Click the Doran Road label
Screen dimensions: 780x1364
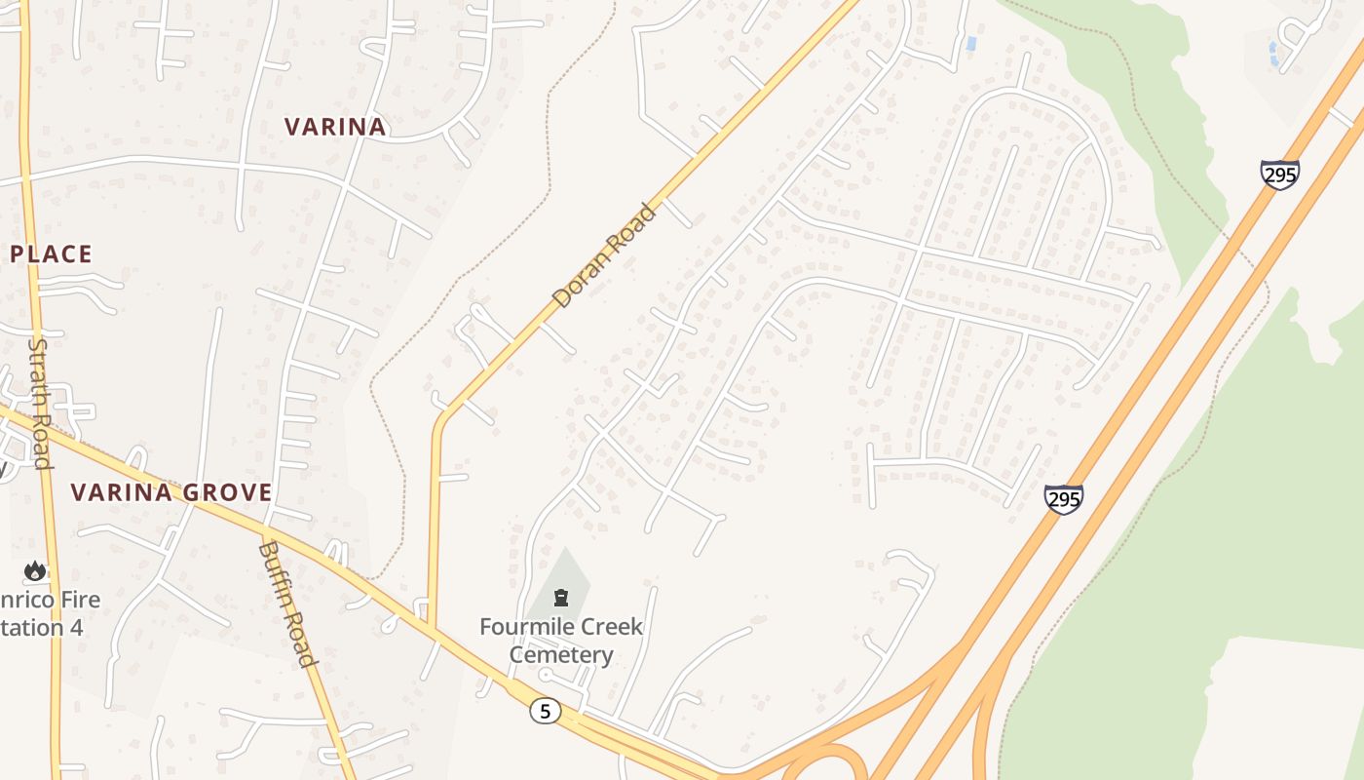pyautogui.click(x=604, y=255)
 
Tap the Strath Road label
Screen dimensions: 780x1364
pyautogui.click(x=39, y=403)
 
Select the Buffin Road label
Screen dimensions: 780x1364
pyautogui.click(x=288, y=604)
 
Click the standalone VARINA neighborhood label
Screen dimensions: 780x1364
pyautogui.click(x=335, y=127)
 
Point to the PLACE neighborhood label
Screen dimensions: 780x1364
pyautogui.click(x=51, y=254)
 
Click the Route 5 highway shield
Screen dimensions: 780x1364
pyautogui.click(x=546, y=711)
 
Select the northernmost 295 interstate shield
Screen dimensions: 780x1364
pyautogui.click(x=1279, y=175)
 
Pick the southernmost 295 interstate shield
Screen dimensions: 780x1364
pyautogui.click(x=1063, y=499)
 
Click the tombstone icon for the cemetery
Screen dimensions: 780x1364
pyautogui.click(x=561, y=597)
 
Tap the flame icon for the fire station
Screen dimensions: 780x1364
pyautogui.click(x=36, y=570)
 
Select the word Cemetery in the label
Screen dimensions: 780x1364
pyautogui.click(x=561, y=654)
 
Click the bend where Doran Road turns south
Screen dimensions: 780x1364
pyautogui.click(x=441, y=421)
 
